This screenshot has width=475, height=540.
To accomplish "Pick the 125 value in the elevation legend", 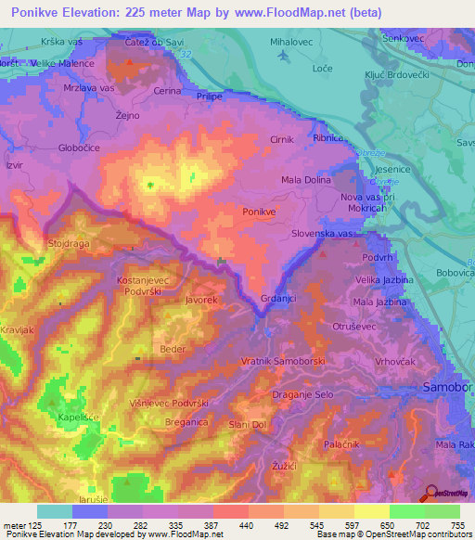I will pos(33,524).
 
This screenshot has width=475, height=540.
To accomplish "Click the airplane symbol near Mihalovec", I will pos(282,56).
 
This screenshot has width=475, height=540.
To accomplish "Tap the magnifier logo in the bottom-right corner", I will pos(431,492).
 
